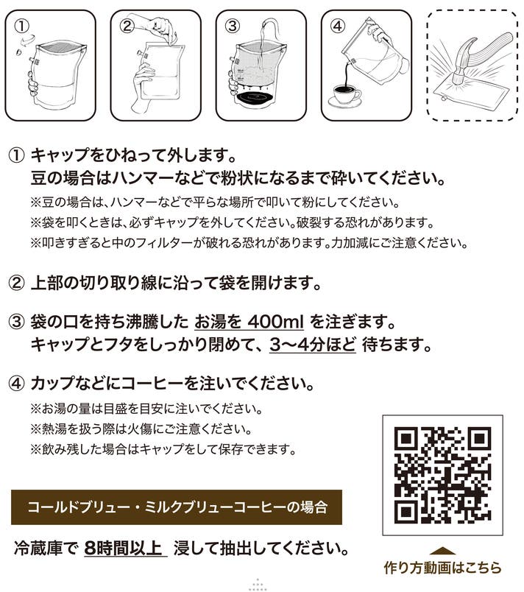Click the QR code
(x=442, y=475)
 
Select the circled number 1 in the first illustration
(x=21, y=27)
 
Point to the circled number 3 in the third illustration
(x=233, y=26)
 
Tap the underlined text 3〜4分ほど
(x=313, y=345)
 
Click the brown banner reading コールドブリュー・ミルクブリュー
(x=177, y=507)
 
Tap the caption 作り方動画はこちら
(x=442, y=568)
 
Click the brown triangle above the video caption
(x=442, y=552)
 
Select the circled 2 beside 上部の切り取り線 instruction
(x=16, y=283)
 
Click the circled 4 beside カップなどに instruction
(x=16, y=384)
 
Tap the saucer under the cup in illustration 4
(x=344, y=102)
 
